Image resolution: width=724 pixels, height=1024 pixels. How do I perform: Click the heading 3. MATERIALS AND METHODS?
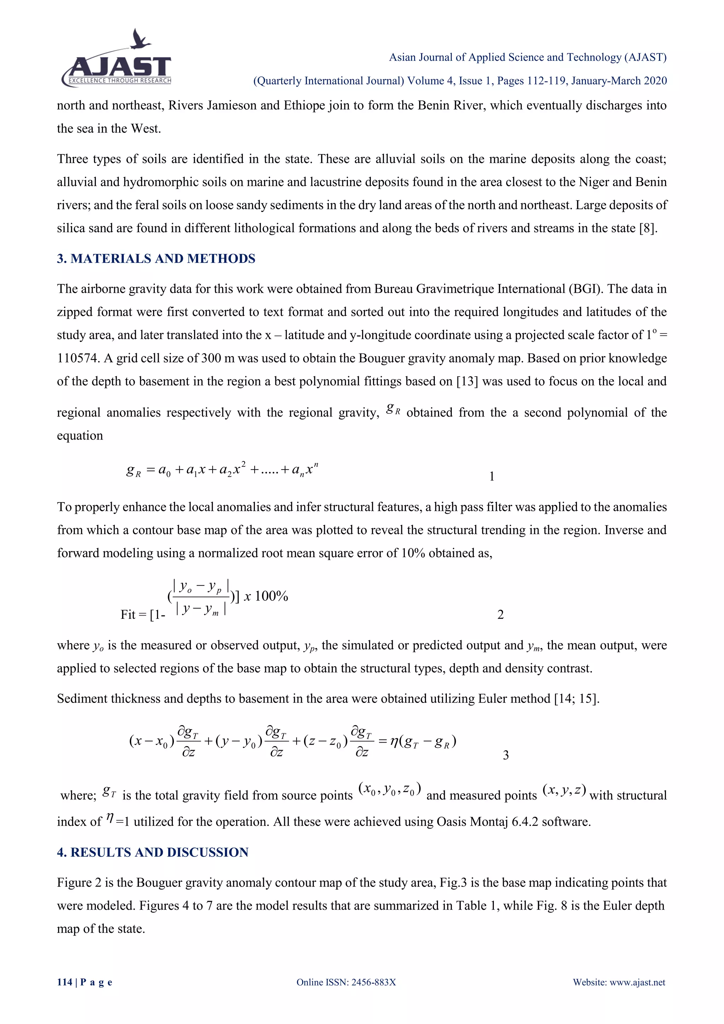156,259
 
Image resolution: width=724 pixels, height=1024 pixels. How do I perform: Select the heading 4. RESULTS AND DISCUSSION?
152,852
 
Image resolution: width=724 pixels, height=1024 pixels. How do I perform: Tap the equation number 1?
492,477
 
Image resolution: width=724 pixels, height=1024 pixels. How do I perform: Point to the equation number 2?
500,615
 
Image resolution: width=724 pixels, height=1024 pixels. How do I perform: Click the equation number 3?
506,755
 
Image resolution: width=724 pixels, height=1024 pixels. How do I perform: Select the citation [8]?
648,228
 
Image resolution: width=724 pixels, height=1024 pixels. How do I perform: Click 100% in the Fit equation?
271,596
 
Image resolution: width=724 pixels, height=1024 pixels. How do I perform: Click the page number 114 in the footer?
65,982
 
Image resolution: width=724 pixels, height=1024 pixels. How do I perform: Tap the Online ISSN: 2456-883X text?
346,982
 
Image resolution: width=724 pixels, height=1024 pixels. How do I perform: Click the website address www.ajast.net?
637,982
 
